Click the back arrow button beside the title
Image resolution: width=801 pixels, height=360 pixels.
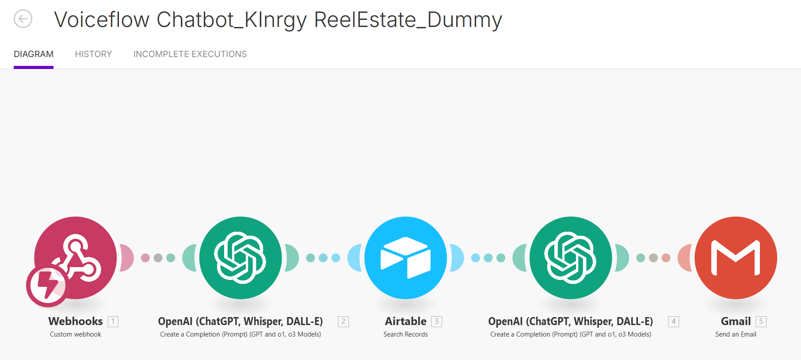pyautogui.click(x=23, y=19)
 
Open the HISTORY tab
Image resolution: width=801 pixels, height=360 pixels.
pyautogui.click(x=93, y=54)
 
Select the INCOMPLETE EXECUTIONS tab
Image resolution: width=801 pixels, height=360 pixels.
pyautogui.click(x=190, y=54)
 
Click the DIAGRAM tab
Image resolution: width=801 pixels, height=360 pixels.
pyautogui.click(x=34, y=54)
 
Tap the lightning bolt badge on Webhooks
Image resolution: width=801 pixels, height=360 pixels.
pyautogui.click(x=47, y=286)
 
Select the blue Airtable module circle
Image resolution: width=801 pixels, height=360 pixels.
pyautogui.click(x=405, y=258)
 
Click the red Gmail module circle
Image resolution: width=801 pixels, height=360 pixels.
pyautogui.click(x=736, y=258)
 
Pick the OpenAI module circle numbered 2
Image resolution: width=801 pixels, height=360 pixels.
pyautogui.click(x=240, y=258)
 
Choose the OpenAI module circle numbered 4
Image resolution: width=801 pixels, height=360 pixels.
pyautogui.click(x=571, y=258)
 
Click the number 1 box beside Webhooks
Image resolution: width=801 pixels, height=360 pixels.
pyautogui.click(x=113, y=322)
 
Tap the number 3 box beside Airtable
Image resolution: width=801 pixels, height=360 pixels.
pyautogui.click(x=437, y=322)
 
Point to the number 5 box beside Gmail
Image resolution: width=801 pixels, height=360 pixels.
pyautogui.click(x=761, y=322)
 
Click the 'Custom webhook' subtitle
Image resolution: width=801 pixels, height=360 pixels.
pyautogui.click(x=76, y=334)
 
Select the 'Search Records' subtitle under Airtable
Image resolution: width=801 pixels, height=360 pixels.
pyautogui.click(x=405, y=334)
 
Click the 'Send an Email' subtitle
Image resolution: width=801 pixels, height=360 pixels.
pyautogui.click(x=736, y=334)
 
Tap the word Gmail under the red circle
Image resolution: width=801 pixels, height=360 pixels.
pyautogui.click(x=736, y=322)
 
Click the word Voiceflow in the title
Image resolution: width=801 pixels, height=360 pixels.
pyautogui.click(x=102, y=20)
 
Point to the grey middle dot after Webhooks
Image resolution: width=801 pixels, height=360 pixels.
pyautogui.click(x=158, y=258)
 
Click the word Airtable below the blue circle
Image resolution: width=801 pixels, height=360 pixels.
pyautogui.click(x=405, y=322)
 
